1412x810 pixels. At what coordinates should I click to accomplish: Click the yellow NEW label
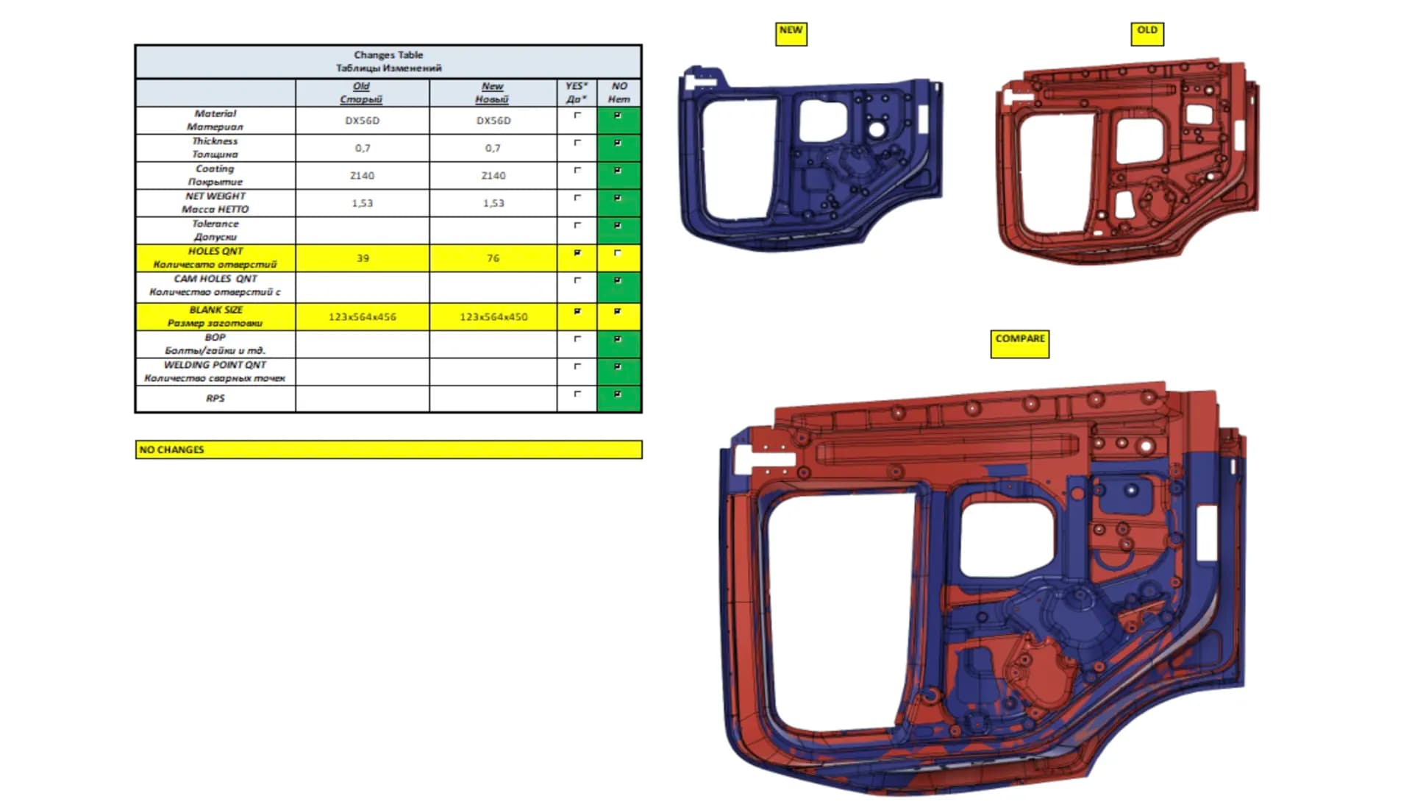click(x=791, y=34)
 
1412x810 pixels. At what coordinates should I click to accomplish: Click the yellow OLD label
click(x=1147, y=34)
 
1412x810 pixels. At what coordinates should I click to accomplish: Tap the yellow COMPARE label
click(x=1020, y=344)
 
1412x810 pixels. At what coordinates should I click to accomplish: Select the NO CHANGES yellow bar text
click(x=172, y=450)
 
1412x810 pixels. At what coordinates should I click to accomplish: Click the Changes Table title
click(x=388, y=61)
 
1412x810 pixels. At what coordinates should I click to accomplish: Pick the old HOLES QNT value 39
click(x=363, y=258)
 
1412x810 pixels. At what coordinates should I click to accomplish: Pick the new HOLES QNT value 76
click(x=493, y=258)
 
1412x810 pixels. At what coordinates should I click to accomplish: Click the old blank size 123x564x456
click(x=363, y=317)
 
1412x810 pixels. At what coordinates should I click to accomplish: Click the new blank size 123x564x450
click(x=493, y=317)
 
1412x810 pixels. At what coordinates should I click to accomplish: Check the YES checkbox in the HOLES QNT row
click(x=577, y=253)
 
